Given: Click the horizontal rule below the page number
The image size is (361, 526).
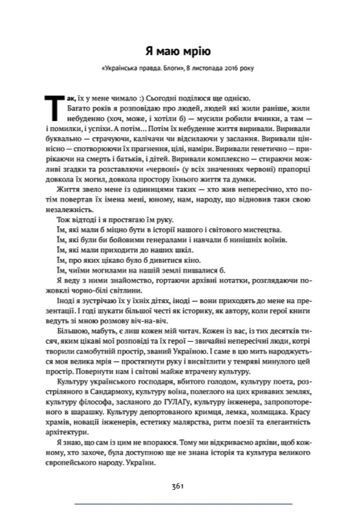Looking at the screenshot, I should [x=181, y=503].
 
